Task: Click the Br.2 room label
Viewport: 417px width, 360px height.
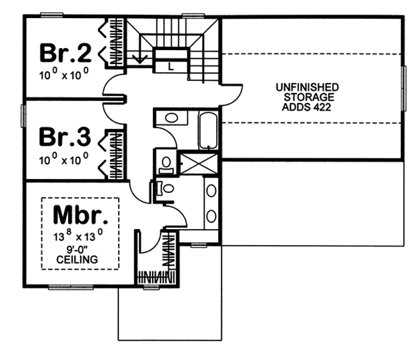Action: (65, 53)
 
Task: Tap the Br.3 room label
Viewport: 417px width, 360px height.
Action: (65, 137)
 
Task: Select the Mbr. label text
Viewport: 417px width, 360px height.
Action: (81, 214)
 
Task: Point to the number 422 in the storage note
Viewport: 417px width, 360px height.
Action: (322, 108)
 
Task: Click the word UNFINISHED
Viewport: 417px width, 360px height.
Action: (307, 87)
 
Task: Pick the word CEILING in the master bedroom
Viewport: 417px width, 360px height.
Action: (77, 259)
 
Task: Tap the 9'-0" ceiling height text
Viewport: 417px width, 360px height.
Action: (77, 250)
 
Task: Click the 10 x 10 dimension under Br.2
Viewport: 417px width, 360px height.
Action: (64, 73)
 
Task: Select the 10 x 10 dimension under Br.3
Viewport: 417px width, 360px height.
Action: (63, 159)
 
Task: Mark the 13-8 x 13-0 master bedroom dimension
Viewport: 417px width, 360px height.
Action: (78, 235)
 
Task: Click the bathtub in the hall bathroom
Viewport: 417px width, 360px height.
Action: (208, 131)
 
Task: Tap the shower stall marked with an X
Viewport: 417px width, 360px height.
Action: (199, 163)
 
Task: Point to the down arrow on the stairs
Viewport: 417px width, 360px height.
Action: (140, 58)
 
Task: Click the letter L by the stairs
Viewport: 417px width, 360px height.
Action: (171, 66)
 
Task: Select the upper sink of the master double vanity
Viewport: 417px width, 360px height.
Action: (211, 191)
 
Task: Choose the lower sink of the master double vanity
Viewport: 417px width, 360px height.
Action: (211, 216)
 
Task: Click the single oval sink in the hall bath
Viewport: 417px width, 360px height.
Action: (171, 118)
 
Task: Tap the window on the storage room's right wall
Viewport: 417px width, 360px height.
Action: (404, 88)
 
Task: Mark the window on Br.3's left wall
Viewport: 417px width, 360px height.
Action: (23, 116)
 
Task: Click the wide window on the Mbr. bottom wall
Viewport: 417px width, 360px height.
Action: (71, 287)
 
